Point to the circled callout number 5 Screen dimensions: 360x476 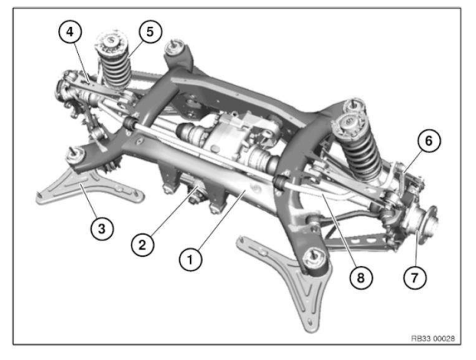pyautogui.click(x=148, y=33)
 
